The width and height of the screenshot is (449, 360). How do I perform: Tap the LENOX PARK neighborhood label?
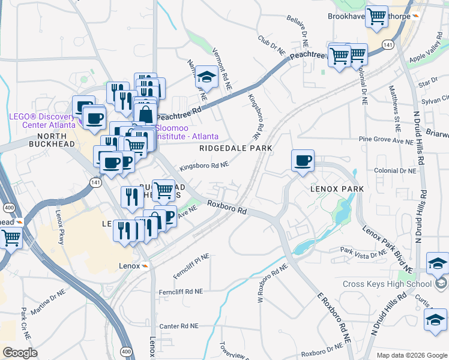point(337,189)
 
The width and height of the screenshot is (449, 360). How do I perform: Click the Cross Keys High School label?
point(387,284)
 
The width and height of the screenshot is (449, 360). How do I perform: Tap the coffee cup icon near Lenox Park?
point(303,161)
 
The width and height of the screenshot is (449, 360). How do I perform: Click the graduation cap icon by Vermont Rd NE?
point(206,77)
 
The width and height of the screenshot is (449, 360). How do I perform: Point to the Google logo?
point(20,353)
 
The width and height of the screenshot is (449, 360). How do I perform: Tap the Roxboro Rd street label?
point(228,208)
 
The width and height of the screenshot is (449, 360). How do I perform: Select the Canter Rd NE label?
point(178,326)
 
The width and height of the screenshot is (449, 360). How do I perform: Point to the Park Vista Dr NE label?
point(363,253)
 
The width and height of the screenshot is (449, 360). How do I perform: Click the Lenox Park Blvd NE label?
point(388,247)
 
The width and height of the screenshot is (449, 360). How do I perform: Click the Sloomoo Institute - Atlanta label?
point(187,132)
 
